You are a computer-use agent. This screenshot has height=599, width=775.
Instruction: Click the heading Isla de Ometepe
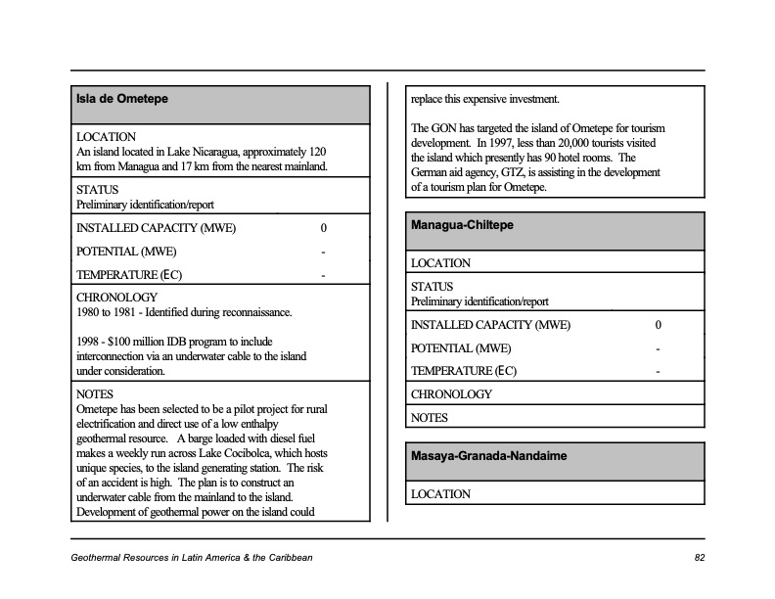[x=122, y=98]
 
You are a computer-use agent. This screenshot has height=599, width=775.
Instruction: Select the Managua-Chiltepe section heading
[x=462, y=225]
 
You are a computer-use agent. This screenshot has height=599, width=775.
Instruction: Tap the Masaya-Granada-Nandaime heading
[x=488, y=456]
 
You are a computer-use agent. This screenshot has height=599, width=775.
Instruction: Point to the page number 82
[x=699, y=558]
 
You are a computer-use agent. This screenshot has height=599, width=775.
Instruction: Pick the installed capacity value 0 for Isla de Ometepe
[x=323, y=229]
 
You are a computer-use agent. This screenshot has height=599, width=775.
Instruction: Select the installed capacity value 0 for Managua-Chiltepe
[x=659, y=325]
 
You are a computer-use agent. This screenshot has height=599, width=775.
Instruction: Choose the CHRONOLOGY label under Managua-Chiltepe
[x=452, y=394]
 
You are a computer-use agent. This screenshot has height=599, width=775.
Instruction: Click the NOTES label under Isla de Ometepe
[x=95, y=394]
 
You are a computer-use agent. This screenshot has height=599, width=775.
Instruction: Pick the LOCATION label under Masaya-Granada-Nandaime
[x=440, y=494]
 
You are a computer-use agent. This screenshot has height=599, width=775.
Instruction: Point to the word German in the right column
[x=431, y=172]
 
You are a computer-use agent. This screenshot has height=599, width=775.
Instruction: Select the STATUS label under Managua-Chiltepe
[x=432, y=287]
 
